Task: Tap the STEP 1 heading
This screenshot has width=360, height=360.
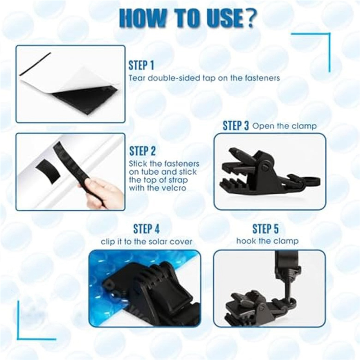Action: click(x=141, y=65)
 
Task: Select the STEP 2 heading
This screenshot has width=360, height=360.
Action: click(x=142, y=151)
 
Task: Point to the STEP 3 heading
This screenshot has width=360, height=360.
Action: click(x=235, y=126)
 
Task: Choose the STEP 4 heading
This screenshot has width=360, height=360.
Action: click(x=147, y=229)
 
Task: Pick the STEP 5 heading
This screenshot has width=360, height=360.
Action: click(x=265, y=229)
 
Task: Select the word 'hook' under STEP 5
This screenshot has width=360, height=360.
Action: click(x=245, y=241)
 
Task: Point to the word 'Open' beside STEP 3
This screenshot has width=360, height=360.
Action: click(x=261, y=126)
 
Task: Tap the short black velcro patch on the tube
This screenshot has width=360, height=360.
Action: click(x=48, y=169)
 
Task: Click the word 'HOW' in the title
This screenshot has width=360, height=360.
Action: click(x=140, y=18)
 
